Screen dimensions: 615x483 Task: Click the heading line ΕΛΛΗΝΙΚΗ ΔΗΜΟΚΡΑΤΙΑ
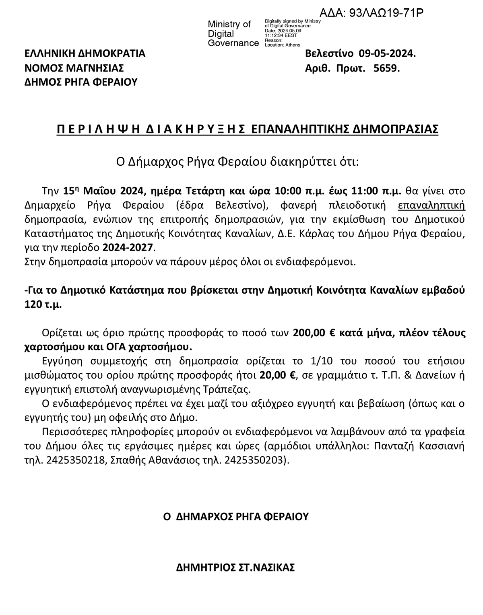(85, 53)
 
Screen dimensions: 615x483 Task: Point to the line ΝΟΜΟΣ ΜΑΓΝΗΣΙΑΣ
(74, 68)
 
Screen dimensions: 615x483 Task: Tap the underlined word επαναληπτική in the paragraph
(431, 205)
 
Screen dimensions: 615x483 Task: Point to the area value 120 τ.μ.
(43, 304)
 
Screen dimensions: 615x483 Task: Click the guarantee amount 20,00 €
(278, 375)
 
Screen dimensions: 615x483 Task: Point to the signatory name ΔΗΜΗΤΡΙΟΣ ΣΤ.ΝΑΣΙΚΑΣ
(235, 568)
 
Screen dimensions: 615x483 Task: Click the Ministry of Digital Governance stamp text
(233, 34)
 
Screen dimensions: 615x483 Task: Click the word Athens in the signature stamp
(293, 45)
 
